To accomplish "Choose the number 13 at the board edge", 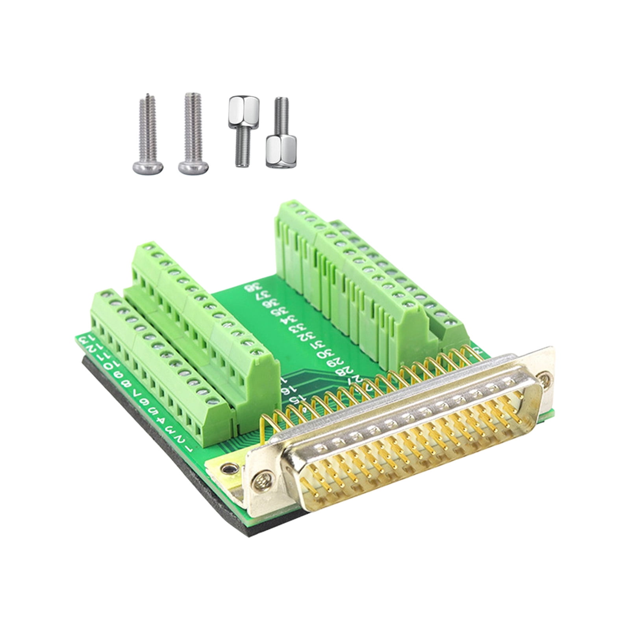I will point(83,339).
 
